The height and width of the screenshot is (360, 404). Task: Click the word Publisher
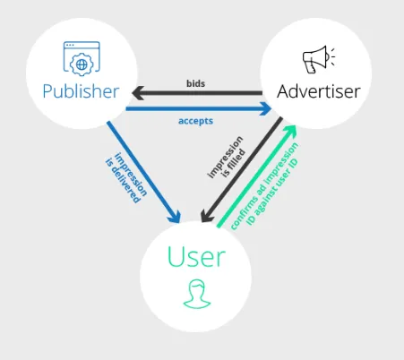(x=81, y=91)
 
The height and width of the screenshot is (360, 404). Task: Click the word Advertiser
(x=319, y=91)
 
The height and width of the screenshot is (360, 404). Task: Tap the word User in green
(x=196, y=256)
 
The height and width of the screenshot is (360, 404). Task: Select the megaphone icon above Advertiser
(x=319, y=59)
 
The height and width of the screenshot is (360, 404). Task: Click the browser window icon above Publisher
(x=82, y=59)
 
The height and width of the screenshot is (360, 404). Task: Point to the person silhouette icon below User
(x=197, y=294)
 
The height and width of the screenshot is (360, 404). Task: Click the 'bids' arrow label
(x=195, y=83)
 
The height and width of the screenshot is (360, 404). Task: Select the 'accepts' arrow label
(x=195, y=121)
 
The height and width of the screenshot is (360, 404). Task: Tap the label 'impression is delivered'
(x=126, y=178)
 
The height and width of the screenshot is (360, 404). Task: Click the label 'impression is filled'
(x=227, y=158)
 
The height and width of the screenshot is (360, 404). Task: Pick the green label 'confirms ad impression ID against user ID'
(x=265, y=186)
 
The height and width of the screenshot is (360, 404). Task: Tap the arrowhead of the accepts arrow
(x=265, y=108)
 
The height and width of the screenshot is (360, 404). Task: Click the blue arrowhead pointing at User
(x=176, y=217)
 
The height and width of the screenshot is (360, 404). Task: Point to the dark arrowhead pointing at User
(x=206, y=216)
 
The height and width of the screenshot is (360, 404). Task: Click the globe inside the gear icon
(x=82, y=64)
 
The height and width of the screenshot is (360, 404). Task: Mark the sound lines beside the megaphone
(x=332, y=56)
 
